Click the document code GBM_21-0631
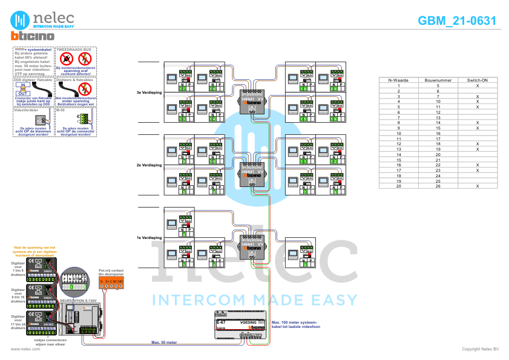pos(457,21)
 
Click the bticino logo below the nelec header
pos(33,36)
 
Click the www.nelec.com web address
pos(21,349)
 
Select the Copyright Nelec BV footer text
pos(479,349)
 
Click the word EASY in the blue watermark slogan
pos(333,299)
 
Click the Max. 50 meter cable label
pos(163,342)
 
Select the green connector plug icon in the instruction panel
pos(83,118)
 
